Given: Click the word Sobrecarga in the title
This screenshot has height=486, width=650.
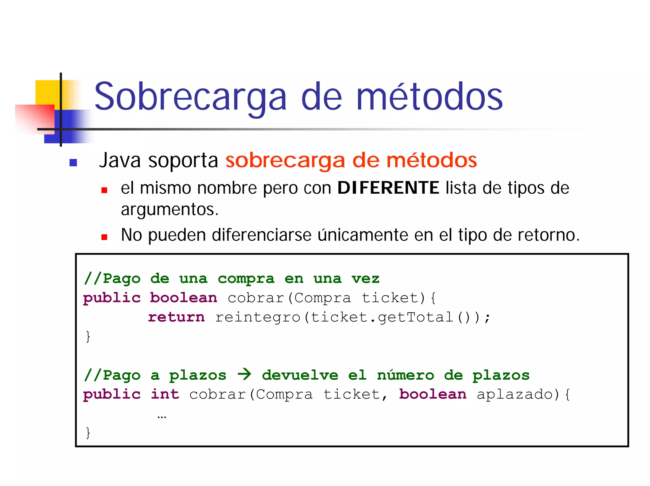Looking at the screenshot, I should point(190,97).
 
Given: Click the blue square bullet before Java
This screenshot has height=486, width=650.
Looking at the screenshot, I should point(73,163).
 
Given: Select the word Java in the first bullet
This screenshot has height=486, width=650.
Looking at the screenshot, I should point(120,160).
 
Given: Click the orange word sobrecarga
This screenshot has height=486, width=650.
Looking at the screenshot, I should point(285,160).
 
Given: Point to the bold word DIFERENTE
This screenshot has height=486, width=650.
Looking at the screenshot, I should point(388,188).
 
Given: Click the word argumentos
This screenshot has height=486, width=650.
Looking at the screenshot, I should point(169,210).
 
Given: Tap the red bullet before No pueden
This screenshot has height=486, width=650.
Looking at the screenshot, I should point(104,237).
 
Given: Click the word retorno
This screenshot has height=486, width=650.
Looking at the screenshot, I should point(548,235).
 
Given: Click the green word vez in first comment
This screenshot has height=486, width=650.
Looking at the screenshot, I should point(365,279).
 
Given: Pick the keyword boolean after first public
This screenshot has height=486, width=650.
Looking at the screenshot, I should point(183,298).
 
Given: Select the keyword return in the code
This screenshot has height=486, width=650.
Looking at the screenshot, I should point(176,317).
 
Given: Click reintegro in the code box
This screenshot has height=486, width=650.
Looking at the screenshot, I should point(258,317).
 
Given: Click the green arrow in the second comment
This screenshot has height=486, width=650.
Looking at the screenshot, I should point(244,375).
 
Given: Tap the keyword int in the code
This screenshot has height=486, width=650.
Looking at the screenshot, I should point(165,394).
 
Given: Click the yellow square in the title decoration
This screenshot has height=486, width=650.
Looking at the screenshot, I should point(48,92).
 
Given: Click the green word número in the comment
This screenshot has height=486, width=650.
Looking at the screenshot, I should point(405,375).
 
